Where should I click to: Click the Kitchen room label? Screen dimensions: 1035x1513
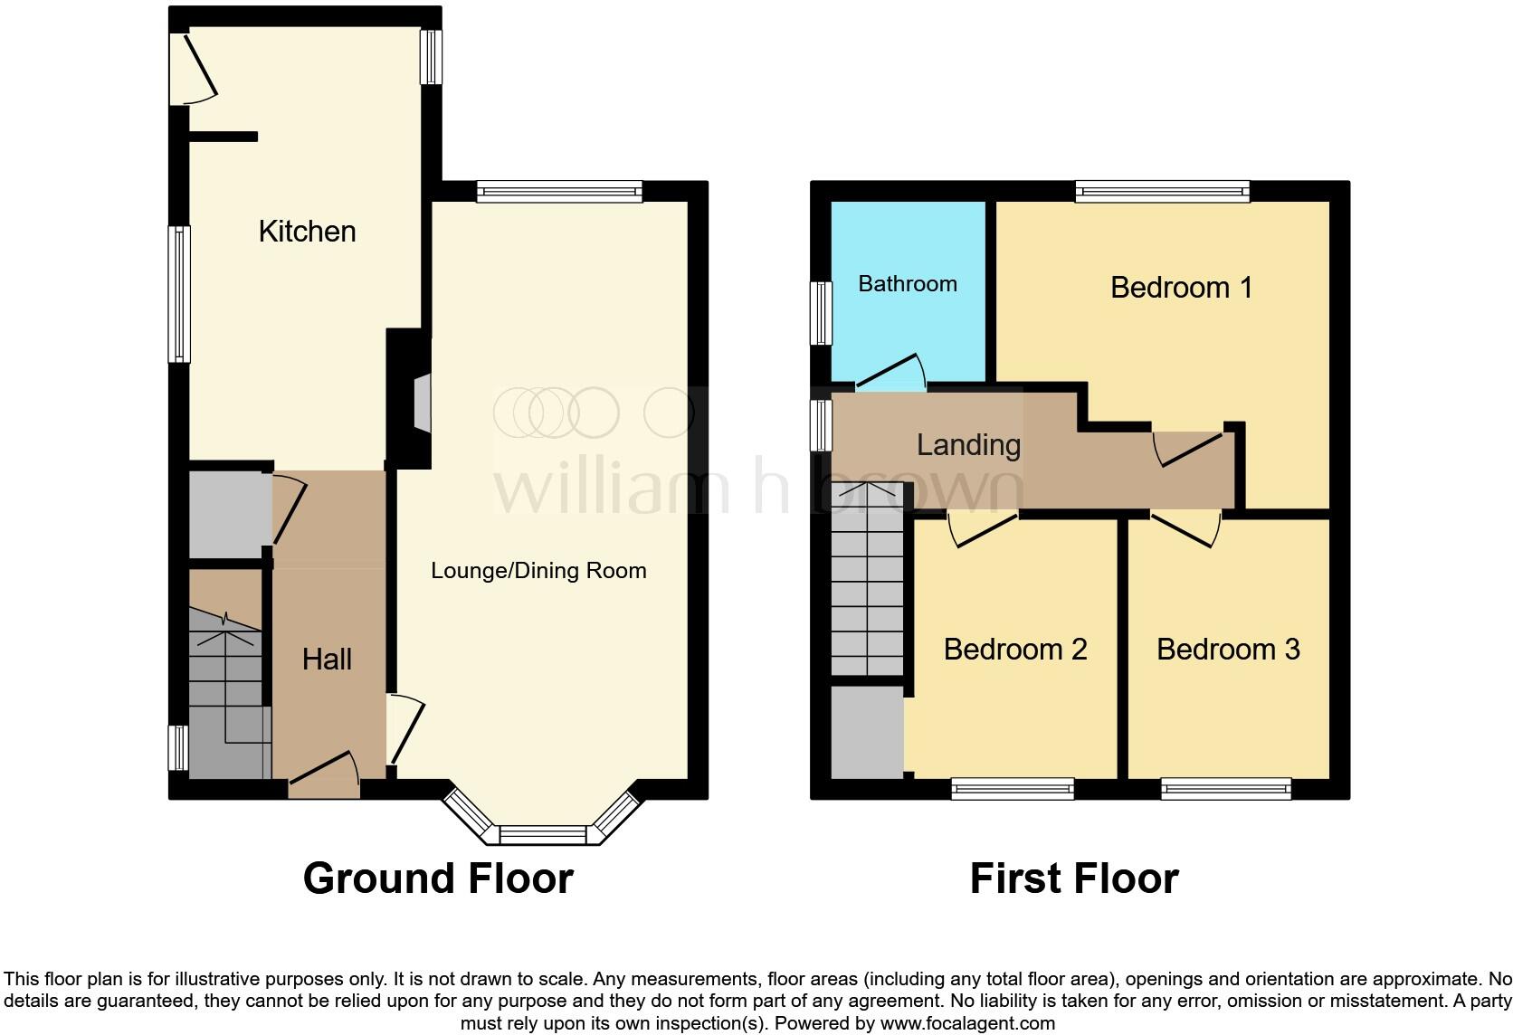(307, 232)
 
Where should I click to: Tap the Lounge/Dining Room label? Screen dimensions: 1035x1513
(538, 571)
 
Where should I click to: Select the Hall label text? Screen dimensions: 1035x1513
(327, 660)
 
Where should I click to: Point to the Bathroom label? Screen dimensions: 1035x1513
(907, 284)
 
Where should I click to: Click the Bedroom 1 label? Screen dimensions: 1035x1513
(1181, 288)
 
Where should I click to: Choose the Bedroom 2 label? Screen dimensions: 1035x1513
(1014, 650)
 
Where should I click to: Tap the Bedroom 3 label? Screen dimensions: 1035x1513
(1228, 650)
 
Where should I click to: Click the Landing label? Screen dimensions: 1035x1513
(968, 445)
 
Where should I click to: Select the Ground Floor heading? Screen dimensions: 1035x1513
(438, 878)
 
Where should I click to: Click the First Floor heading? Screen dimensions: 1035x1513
(1074, 878)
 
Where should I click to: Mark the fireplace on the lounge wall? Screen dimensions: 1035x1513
(422, 400)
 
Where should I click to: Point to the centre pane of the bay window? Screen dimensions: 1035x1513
(544, 834)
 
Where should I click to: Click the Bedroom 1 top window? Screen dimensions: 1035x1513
(1162, 191)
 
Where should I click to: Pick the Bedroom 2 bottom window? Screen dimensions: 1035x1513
(1012, 790)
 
